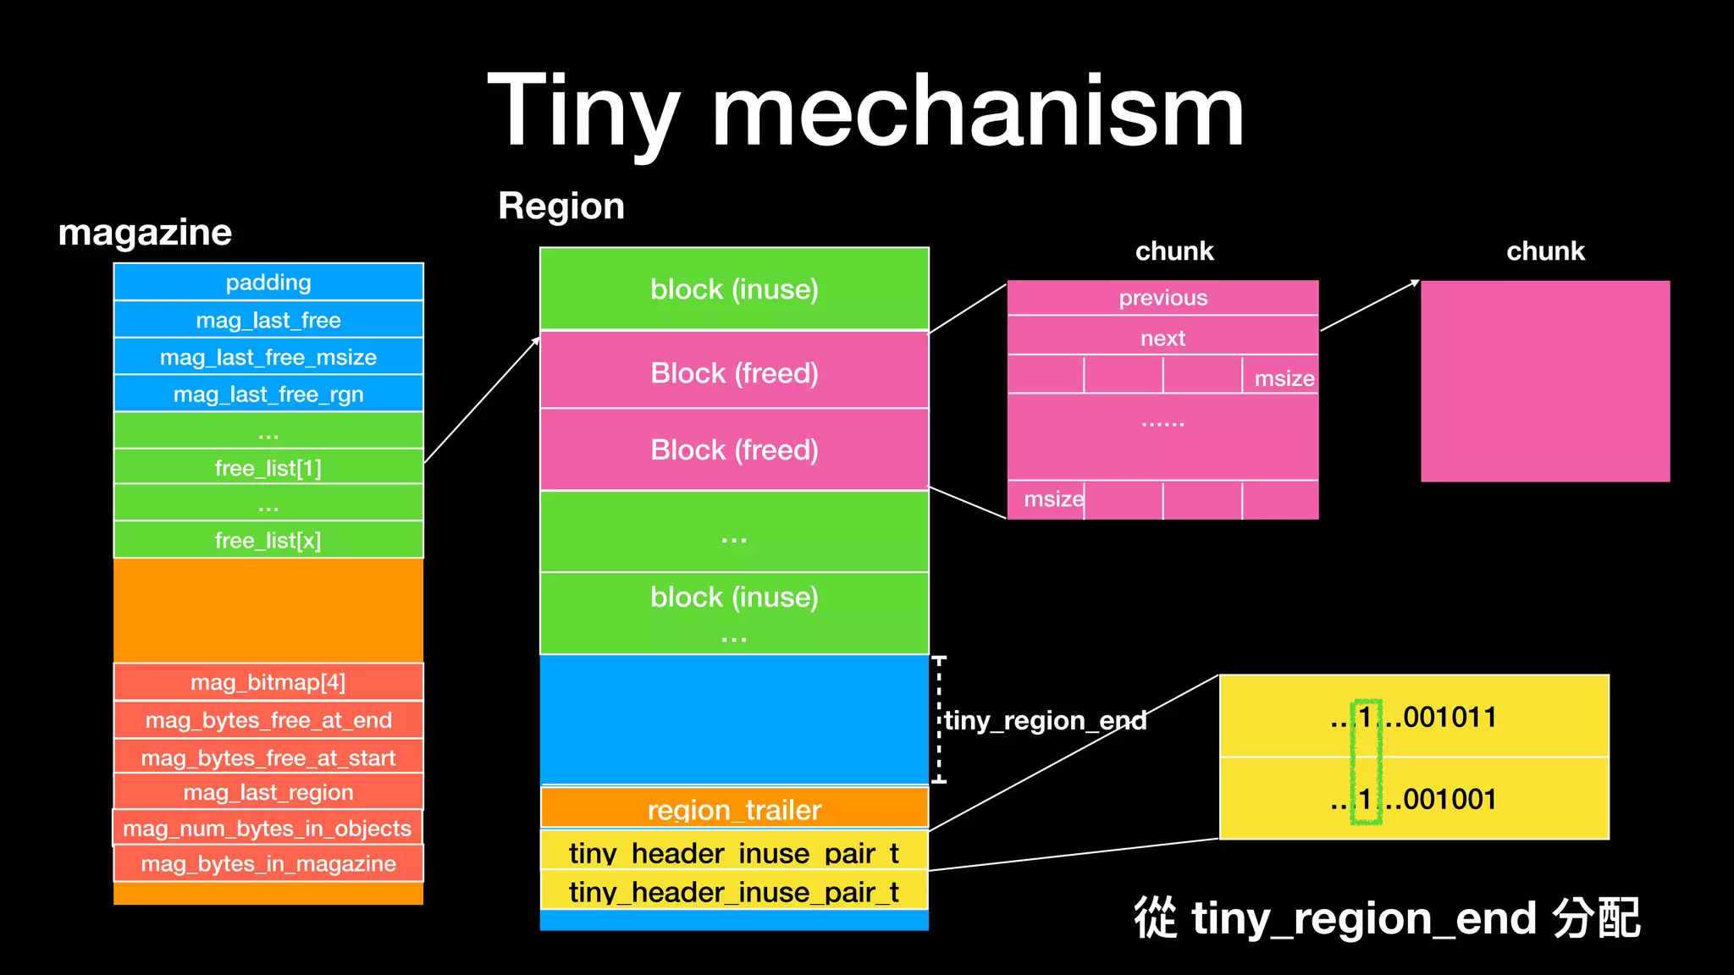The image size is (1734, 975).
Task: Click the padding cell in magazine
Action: pyautogui.click(x=268, y=282)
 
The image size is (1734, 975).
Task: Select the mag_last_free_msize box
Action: pyautogui.click(x=268, y=357)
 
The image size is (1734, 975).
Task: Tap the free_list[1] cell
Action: pyautogui.click(x=268, y=468)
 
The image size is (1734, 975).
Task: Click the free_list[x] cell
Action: pyautogui.click(x=268, y=540)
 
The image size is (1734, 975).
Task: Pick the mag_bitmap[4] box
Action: pyautogui.click(x=268, y=682)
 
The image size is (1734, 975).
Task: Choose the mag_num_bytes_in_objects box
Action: pyautogui.click(x=268, y=828)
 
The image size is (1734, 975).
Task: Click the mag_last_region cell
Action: pyautogui.click(x=268, y=792)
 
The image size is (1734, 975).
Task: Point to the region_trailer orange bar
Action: pyautogui.click(x=734, y=808)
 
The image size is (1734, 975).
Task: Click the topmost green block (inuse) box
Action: pyautogui.click(x=734, y=289)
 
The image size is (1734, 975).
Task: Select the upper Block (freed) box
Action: pyautogui.click(x=734, y=372)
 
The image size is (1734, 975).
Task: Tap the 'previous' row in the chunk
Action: pyautogui.click(x=1162, y=298)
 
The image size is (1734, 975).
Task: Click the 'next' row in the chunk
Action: pyautogui.click(x=1162, y=338)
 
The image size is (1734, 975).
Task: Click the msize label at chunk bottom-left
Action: pyautogui.click(x=1052, y=499)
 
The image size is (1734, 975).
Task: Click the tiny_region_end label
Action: pyautogui.click(x=1046, y=720)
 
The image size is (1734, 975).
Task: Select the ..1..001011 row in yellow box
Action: pyautogui.click(x=1413, y=717)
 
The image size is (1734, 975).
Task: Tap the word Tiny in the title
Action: pyautogui.click(x=584, y=110)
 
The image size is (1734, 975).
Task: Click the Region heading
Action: pyautogui.click(x=561, y=206)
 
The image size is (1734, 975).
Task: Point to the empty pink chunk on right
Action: pyautogui.click(x=1544, y=381)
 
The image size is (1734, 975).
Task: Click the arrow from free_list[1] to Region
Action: pyautogui.click(x=481, y=400)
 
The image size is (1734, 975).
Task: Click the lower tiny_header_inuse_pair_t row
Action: pyautogui.click(x=734, y=892)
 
